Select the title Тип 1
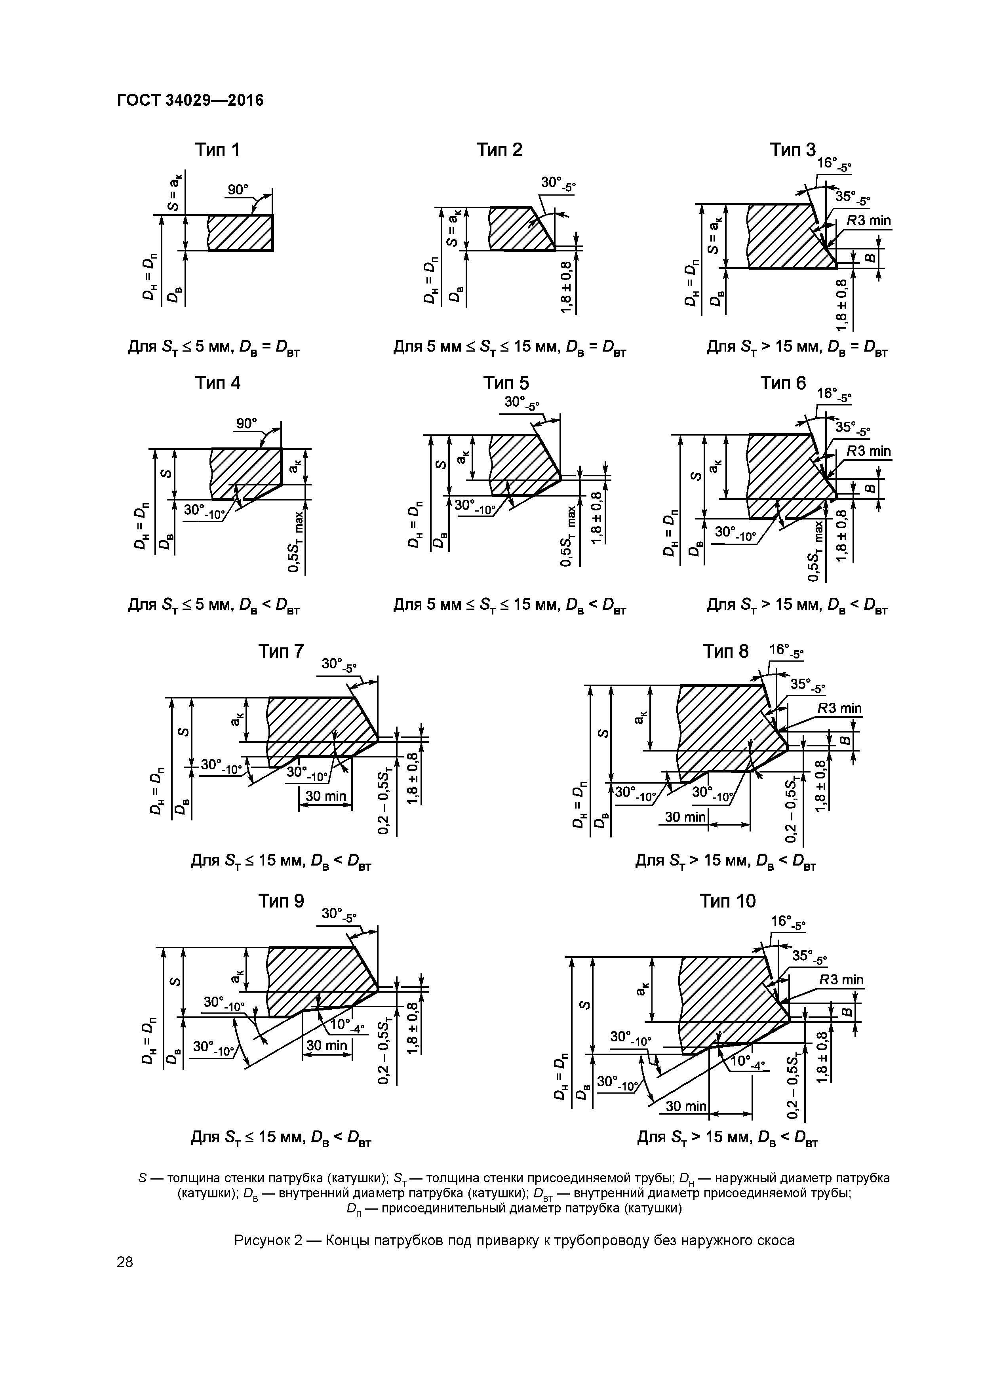[217, 149]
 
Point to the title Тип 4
[217, 383]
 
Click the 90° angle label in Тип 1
[238, 189]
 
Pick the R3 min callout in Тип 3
[868, 221]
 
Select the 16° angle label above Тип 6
[833, 394]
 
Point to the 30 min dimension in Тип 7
[325, 796]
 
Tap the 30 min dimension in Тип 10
[685, 1106]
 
